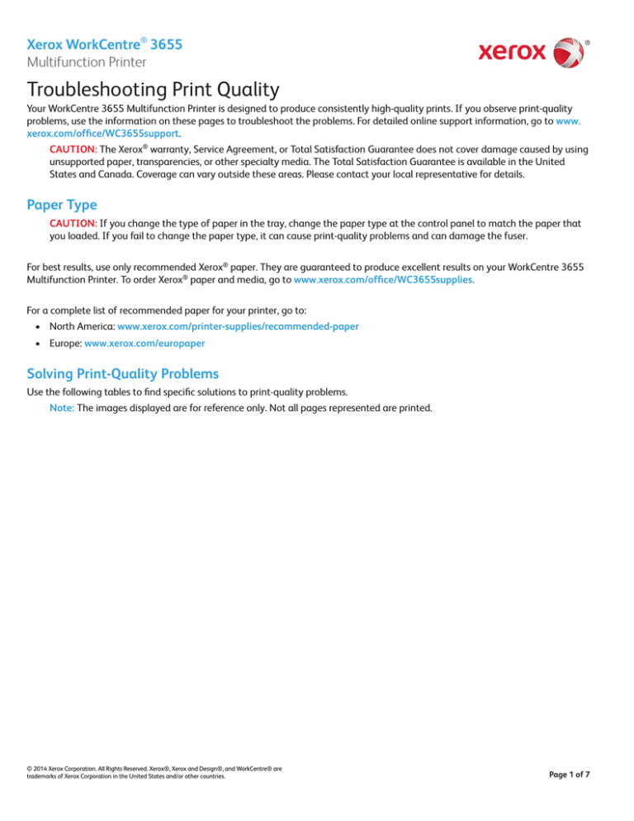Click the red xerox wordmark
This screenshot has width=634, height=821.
(512, 53)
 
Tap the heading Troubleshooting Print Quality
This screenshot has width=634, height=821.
(157, 90)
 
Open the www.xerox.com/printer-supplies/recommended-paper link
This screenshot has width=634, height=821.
(238, 326)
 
